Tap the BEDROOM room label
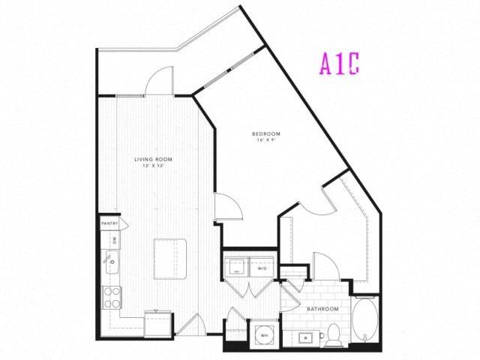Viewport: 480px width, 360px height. pos(267,133)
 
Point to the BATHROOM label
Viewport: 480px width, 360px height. pos(322,309)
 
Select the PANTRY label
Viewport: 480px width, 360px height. pos(110,223)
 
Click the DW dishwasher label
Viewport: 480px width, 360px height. pos(114,240)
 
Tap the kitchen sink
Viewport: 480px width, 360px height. pos(112,262)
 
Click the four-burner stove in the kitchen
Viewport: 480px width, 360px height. pos(112,298)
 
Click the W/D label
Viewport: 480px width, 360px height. pos(263,267)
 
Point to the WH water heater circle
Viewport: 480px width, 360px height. pos(263,334)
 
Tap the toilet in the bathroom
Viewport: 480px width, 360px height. pos(334,336)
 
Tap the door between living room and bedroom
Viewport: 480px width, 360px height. pos(225,206)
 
